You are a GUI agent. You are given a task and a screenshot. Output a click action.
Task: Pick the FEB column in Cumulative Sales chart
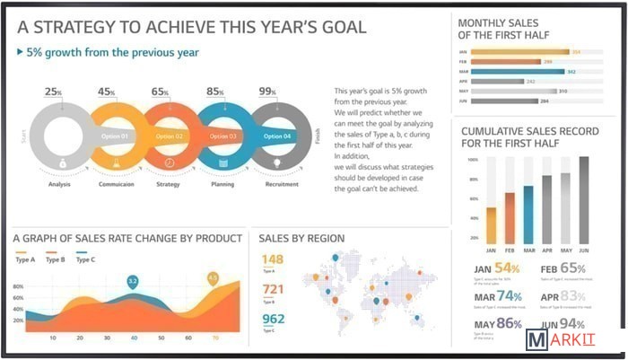point(510,218)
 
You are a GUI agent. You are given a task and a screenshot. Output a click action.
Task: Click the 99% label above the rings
point(267,92)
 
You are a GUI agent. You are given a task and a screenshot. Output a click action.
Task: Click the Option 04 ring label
point(276,136)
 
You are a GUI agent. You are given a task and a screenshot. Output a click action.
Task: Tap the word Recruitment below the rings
point(281,184)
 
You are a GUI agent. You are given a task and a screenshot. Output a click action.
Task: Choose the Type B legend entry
point(54,259)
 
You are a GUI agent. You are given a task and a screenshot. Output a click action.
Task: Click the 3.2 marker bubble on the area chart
point(133,282)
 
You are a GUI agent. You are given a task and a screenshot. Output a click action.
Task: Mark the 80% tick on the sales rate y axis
point(18,287)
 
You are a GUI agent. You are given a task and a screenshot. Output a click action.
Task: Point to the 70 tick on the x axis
point(214,338)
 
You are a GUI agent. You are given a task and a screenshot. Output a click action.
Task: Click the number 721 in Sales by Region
point(273,289)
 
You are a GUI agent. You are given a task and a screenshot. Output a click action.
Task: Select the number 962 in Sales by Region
point(273,319)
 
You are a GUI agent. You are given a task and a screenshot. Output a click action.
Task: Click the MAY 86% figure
point(497,323)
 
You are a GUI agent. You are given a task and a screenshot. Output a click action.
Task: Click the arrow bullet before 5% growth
point(21,53)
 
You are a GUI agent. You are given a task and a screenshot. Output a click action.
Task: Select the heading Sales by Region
point(301,238)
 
